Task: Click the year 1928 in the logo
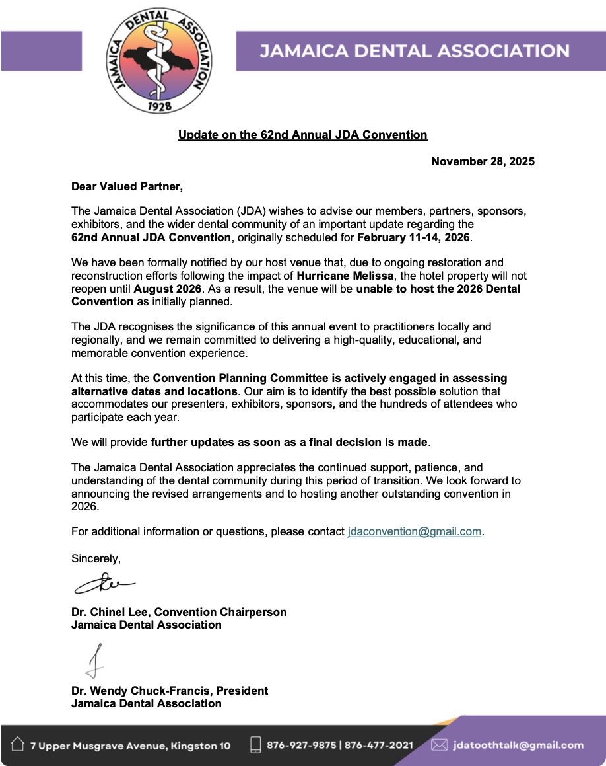159,105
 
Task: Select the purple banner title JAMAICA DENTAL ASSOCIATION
414,52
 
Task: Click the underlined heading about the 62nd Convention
302,135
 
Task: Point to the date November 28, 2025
483,161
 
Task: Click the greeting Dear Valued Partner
127,187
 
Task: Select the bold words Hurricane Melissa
343,275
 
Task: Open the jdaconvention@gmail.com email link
414,531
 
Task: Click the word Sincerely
96,558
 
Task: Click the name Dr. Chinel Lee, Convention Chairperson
179,612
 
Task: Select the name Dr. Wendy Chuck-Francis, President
170,691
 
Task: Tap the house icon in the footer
18,745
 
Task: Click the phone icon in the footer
255,745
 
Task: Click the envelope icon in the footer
439,745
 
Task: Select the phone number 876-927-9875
300,746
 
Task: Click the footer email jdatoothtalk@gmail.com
518,746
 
